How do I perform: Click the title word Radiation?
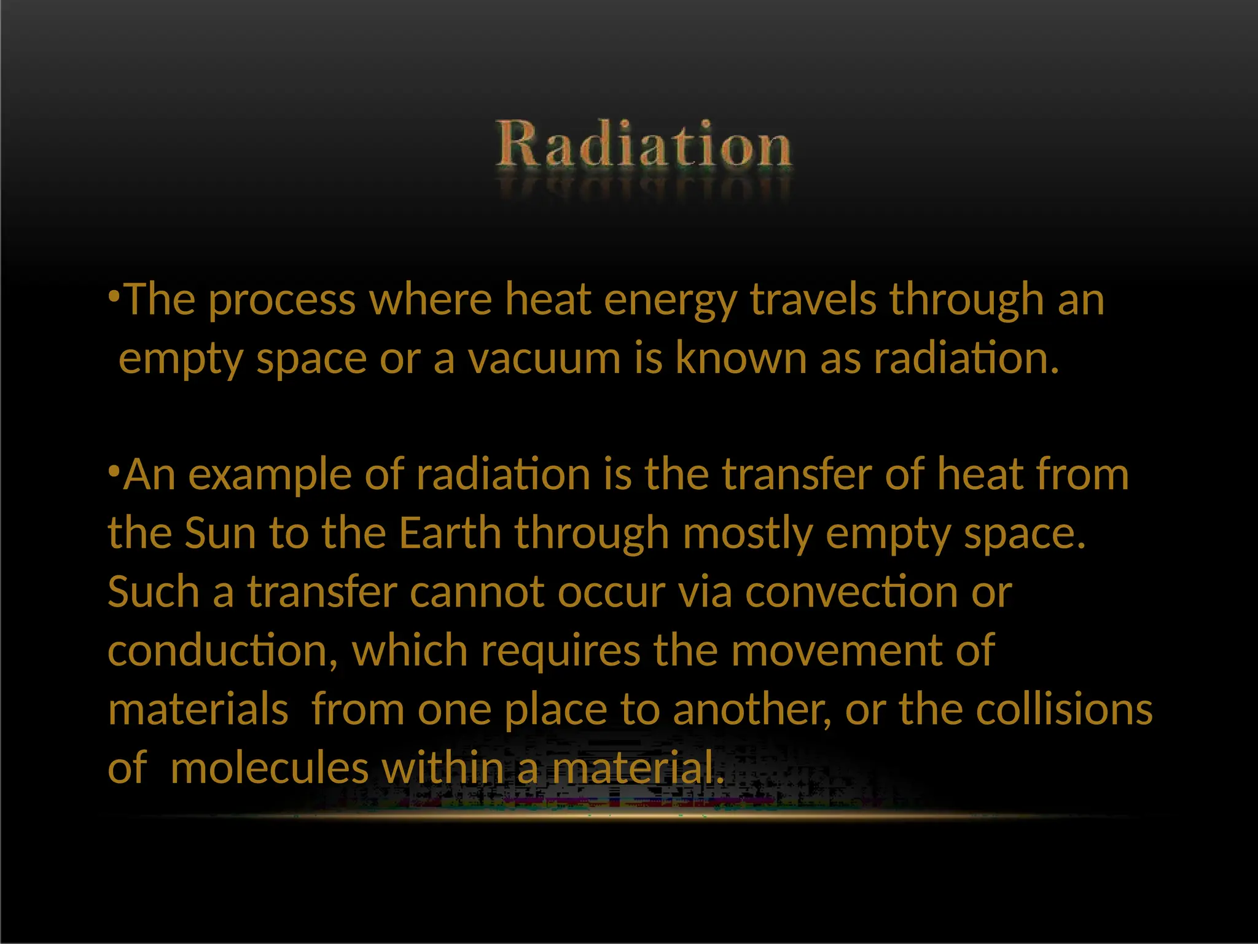[x=644, y=145]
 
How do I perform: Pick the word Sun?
[x=220, y=533]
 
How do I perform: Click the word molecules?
[x=270, y=768]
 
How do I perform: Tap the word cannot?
[x=477, y=592]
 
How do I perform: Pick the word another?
[x=752, y=709]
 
